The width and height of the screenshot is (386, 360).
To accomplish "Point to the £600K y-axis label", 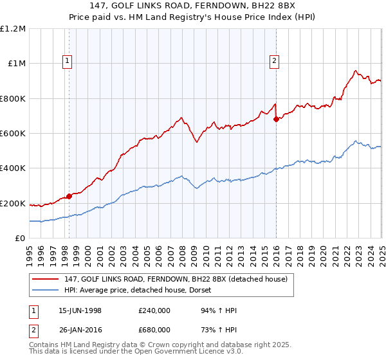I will click(x=14, y=134).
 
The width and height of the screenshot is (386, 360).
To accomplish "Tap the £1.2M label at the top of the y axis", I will click(x=14, y=29).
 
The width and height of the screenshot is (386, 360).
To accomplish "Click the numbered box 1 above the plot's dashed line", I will click(x=68, y=61).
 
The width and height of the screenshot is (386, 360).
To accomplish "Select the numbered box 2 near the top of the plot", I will click(x=274, y=61).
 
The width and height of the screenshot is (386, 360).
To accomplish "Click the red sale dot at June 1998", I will click(x=69, y=197).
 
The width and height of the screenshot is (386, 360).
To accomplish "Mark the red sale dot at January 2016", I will click(x=276, y=119).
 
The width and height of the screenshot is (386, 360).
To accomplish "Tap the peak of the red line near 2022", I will click(x=355, y=70).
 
